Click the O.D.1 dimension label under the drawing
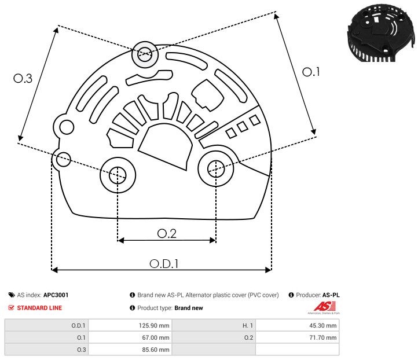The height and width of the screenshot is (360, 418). (x=164, y=263)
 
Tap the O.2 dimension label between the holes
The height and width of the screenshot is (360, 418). (x=167, y=233)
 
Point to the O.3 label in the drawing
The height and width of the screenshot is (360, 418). (x=23, y=79)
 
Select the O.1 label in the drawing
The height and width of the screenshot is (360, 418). (x=311, y=72)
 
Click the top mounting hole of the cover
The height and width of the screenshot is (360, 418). (x=144, y=56)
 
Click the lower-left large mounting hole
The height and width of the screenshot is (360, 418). (x=118, y=174)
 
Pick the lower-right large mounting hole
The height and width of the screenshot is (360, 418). (x=215, y=168)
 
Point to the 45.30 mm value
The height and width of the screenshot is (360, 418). (x=323, y=325)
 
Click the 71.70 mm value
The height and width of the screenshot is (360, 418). (x=323, y=337)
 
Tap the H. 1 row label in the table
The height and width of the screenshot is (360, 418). (x=245, y=325)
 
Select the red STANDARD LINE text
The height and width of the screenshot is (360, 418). (x=39, y=308)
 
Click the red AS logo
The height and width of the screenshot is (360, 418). (x=321, y=306)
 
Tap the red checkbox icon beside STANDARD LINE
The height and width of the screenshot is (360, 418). (x=11, y=308)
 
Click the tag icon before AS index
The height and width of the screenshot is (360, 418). (x=11, y=295)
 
